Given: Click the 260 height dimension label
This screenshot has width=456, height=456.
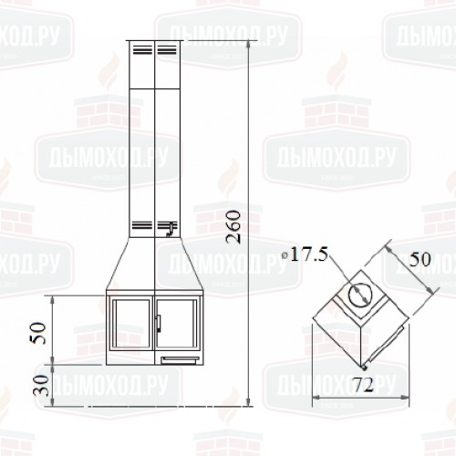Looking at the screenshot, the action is tap(233, 227).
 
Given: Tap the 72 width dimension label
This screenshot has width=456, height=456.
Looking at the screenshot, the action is tap(364, 385).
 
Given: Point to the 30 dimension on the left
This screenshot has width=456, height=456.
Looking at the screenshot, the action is tap(42, 386).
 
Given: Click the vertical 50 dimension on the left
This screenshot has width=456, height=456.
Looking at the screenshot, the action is tap(38, 333).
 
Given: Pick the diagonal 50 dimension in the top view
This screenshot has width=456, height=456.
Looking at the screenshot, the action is tap(420, 259).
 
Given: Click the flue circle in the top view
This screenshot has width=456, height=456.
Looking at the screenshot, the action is tap(360, 295).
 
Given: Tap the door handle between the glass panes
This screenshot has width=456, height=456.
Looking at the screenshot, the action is tap(158, 324).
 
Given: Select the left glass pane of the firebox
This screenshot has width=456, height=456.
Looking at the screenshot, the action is tap(131, 324).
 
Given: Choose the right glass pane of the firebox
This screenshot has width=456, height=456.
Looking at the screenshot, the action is tap(177, 324).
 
